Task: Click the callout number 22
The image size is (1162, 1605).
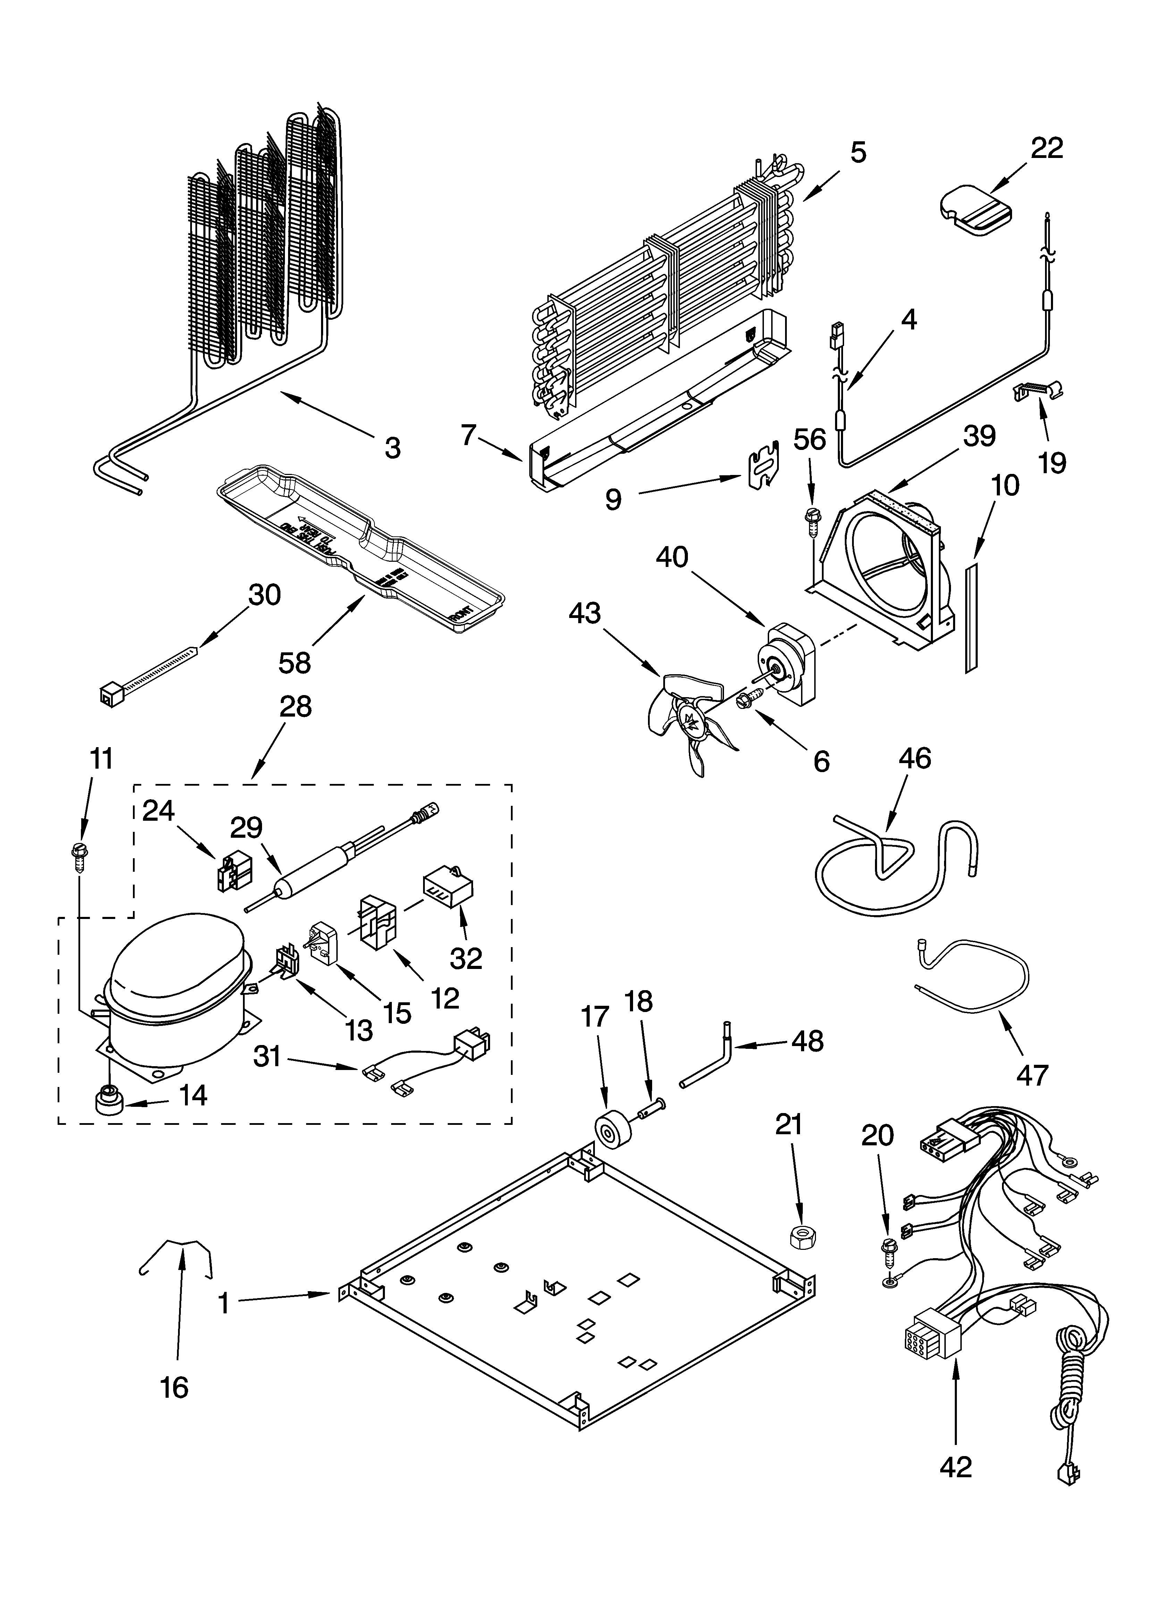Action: click(1047, 149)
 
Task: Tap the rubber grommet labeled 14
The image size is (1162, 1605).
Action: click(108, 1102)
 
